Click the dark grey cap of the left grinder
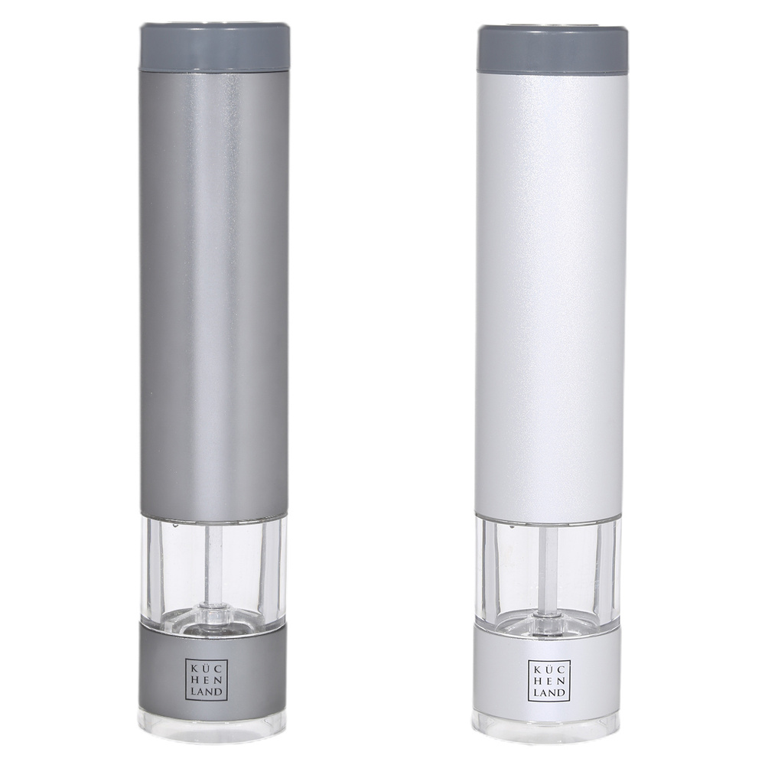pyautogui.click(x=213, y=46)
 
